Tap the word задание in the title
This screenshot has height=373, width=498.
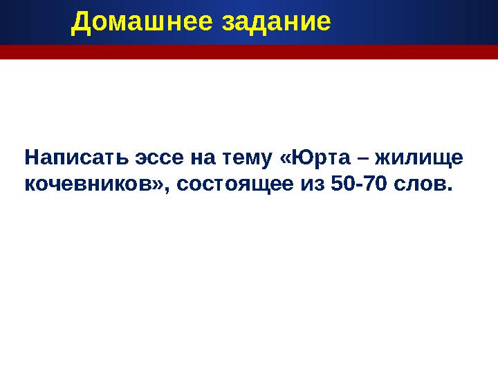276,23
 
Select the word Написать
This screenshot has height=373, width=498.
68,158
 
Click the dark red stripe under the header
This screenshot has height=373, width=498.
249,52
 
